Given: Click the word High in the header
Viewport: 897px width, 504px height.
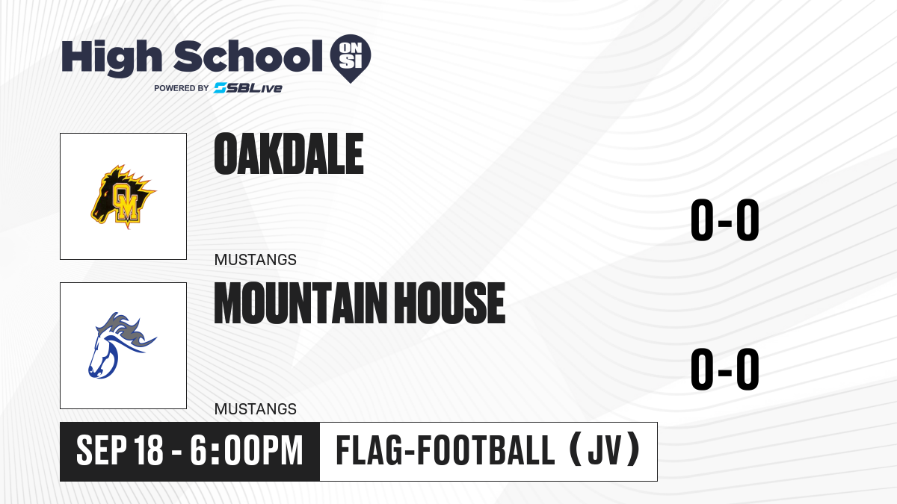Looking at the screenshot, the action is (x=111, y=58).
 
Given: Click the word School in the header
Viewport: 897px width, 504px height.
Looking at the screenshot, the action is (x=248, y=55).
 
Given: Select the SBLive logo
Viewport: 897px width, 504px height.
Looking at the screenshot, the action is (x=248, y=88).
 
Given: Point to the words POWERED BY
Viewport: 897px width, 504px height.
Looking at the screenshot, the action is (x=182, y=88).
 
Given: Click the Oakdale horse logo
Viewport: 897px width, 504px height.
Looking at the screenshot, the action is (x=123, y=196).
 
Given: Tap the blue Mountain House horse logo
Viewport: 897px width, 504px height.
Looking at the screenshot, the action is (x=122, y=345).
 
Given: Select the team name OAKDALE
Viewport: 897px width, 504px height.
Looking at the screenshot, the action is (x=289, y=154).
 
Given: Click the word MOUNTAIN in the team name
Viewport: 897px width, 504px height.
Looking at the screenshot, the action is (x=300, y=302).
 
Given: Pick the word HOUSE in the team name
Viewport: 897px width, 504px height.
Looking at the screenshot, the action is (x=450, y=302).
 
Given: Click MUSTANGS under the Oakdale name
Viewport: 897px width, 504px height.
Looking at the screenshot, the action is (x=256, y=260).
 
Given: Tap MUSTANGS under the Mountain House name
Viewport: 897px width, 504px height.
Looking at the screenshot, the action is (x=256, y=409).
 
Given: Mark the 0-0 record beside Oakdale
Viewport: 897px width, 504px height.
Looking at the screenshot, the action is (x=725, y=220).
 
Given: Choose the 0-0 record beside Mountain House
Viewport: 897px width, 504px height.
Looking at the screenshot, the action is (x=725, y=369).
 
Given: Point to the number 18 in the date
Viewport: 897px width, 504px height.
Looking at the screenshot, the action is (x=149, y=450).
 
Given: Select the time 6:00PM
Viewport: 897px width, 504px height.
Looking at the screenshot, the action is (x=246, y=450).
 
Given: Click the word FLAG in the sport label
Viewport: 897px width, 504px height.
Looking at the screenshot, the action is (x=369, y=450).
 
